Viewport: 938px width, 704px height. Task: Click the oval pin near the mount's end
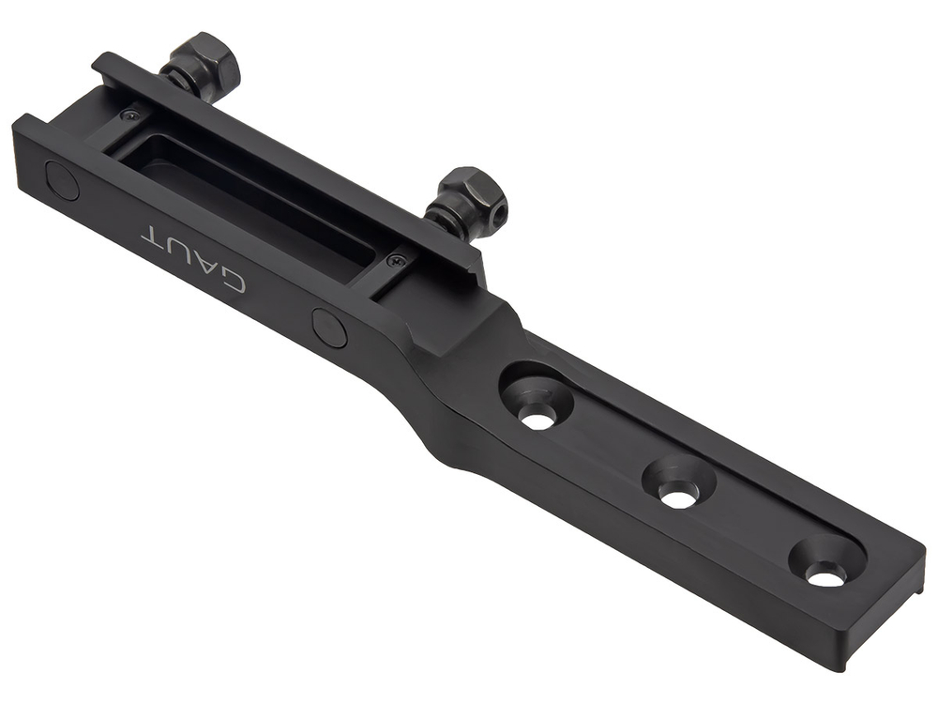pos(62,179)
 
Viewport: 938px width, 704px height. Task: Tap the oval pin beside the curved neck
pos(329,328)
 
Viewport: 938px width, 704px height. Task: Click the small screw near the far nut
pos(129,115)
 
